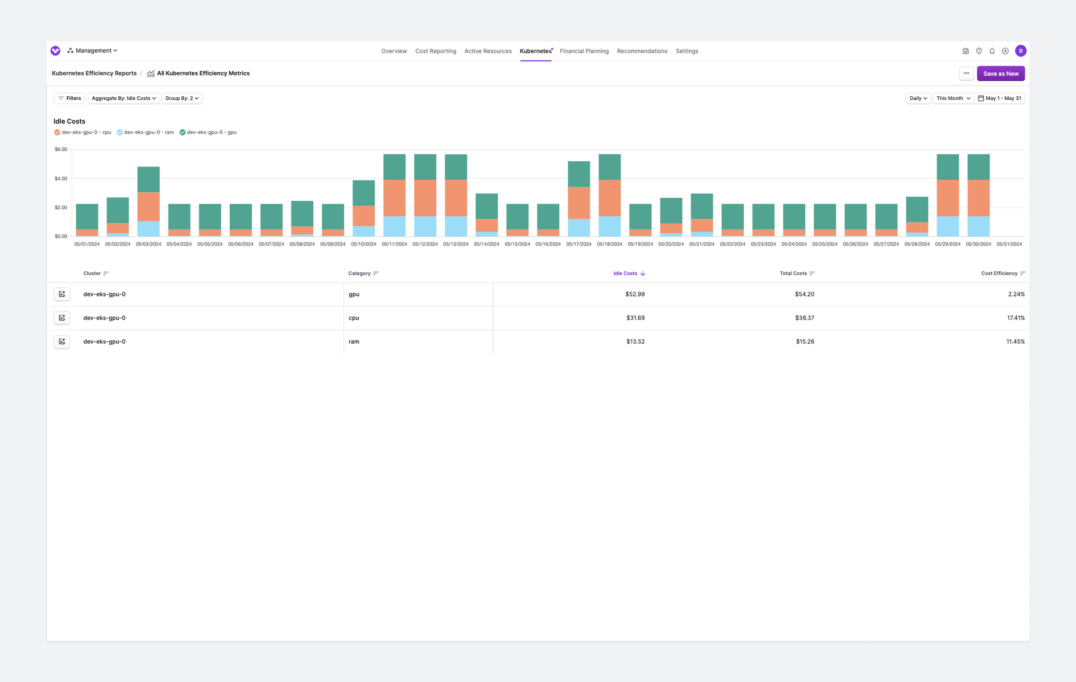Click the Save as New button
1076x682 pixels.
[1000, 73]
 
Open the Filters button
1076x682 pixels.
[69, 98]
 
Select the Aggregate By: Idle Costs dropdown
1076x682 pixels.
[124, 98]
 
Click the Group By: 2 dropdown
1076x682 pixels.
[182, 98]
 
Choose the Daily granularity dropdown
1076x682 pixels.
[918, 98]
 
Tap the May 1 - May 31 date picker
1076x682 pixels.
[1000, 98]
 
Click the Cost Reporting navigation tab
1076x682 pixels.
[435, 51]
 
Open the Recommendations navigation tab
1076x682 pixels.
[642, 51]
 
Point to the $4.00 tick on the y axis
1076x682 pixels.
[61, 179]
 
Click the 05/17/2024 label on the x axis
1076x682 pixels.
[578, 244]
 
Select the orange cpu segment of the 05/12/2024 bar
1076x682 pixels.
[425, 198]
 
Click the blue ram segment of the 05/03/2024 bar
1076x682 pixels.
[149, 229]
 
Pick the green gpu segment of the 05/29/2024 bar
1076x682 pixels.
[948, 167]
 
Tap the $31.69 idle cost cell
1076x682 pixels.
[635, 318]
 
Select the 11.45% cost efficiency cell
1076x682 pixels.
[1015, 341]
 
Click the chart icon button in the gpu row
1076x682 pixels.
[62, 294]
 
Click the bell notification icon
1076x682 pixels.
[992, 51]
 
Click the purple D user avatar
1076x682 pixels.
[1021, 51]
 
